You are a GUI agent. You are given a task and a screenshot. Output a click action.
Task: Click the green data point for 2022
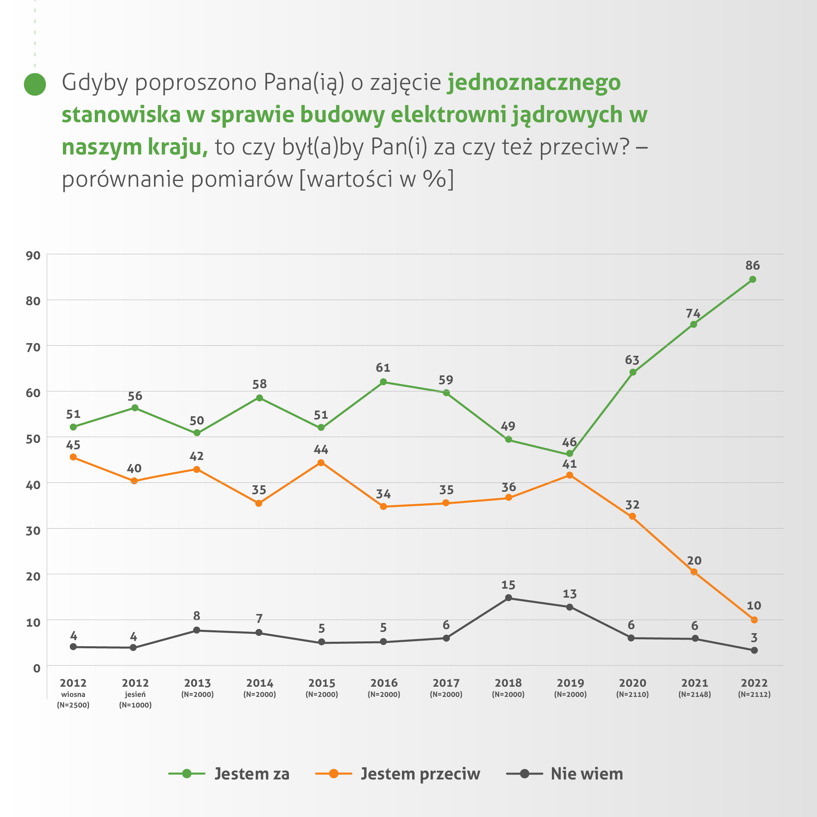[x=752, y=279]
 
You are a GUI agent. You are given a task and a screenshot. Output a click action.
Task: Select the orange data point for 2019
[x=569, y=475]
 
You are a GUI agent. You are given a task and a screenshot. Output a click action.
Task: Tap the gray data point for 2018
[x=509, y=598]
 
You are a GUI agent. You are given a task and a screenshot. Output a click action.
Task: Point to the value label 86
[x=753, y=266]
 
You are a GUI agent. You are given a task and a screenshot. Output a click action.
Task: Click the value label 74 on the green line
[x=693, y=313]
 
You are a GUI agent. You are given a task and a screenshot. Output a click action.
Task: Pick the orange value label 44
[x=321, y=449]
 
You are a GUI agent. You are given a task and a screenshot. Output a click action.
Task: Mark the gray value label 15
[x=508, y=585]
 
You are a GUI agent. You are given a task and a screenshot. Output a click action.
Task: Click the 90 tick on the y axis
[x=33, y=255]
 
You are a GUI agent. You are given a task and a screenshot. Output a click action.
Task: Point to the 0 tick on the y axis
[x=37, y=669]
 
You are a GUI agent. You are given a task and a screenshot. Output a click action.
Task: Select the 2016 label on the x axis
[x=384, y=683]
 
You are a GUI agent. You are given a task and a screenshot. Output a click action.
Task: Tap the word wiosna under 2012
[x=73, y=694]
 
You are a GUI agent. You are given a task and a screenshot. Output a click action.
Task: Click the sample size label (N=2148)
[x=695, y=694]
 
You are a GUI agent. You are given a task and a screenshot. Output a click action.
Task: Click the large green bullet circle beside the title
[x=35, y=84]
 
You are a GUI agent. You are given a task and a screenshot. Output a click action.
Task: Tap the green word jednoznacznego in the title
[x=534, y=83]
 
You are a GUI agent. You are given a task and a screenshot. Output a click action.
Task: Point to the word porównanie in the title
[x=123, y=179]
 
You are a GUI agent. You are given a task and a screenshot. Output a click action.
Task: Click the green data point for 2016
[x=384, y=382]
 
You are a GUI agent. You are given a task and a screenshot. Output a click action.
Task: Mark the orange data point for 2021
[x=694, y=572]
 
